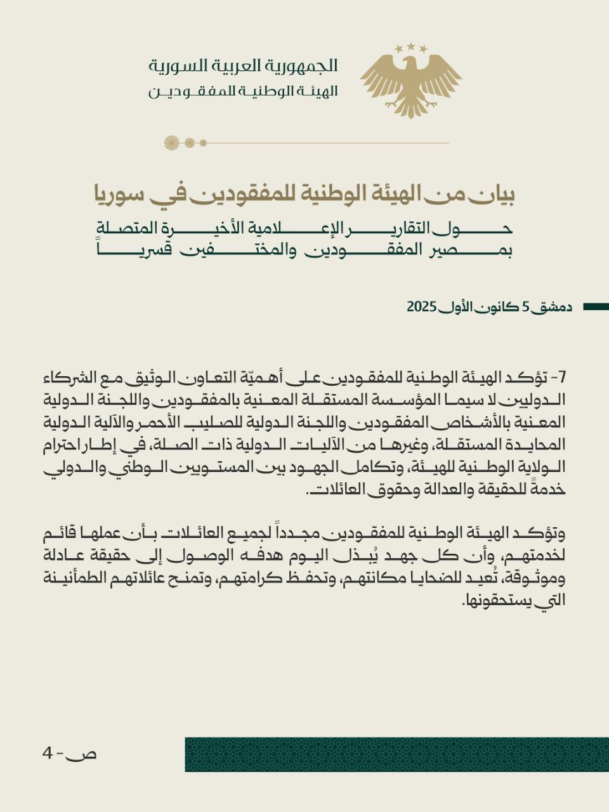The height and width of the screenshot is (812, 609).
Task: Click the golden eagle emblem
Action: pos(411,82)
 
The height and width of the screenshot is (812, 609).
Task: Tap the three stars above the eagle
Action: pos(411,48)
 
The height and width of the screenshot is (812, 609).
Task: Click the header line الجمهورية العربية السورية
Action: pos(243,65)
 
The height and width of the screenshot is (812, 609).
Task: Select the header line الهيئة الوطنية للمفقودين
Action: pos(243,91)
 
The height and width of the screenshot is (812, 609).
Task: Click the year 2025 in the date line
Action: pos(421,307)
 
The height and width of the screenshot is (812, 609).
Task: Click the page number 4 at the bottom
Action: pos(47,754)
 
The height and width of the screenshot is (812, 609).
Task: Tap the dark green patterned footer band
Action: pos(396,754)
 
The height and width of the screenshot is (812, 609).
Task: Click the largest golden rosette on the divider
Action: pos(171,143)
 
